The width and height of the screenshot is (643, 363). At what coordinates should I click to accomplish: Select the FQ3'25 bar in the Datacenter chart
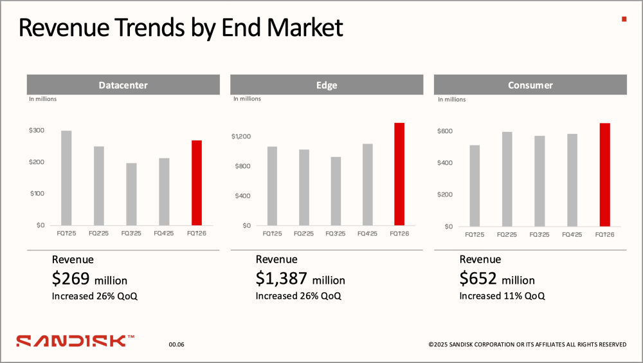tap(131, 194)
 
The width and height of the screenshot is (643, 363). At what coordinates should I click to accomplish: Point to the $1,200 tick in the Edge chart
tap(241, 136)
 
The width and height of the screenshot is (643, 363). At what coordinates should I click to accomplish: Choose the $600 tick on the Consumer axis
tap(444, 131)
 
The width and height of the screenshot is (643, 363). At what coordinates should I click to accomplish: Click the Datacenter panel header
tap(123, 85)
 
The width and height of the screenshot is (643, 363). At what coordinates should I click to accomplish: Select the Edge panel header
tap(327, 85)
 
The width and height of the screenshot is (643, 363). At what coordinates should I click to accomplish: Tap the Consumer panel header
tap(530, 85)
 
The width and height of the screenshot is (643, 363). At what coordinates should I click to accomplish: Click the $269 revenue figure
tap(71, 279)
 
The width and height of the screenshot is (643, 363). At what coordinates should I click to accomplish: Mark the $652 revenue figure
tap(478, 279)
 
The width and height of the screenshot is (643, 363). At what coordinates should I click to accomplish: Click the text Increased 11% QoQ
tap(502, 296)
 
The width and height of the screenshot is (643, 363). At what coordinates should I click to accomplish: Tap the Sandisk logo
tap(75, 340)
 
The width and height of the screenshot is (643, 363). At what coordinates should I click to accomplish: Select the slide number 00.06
tap(177, 345)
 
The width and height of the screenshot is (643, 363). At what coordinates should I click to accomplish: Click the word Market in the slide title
tap(305, 28)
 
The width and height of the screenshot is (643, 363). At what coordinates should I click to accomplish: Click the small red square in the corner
tap(624, 19)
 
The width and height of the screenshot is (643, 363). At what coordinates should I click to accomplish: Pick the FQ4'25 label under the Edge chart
tap(367, 234)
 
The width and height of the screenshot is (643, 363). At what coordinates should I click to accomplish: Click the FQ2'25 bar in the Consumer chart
tap(507, 179)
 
